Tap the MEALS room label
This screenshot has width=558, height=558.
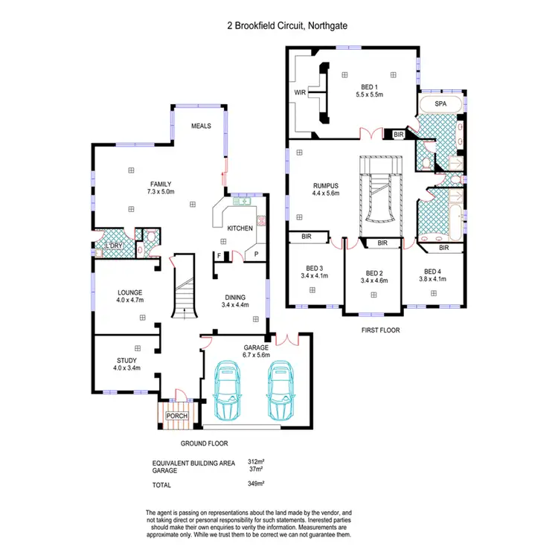201,126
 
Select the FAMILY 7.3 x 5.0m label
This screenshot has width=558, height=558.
161,187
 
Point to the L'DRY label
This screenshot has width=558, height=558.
114,246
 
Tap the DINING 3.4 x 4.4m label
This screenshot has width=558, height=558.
235,301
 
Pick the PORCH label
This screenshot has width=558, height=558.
176,416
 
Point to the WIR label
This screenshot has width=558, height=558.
300,93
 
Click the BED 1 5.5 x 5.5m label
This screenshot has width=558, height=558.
369,91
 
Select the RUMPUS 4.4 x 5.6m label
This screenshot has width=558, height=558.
325,189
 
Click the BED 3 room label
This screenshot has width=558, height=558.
313,273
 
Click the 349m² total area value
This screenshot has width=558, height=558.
256,484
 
